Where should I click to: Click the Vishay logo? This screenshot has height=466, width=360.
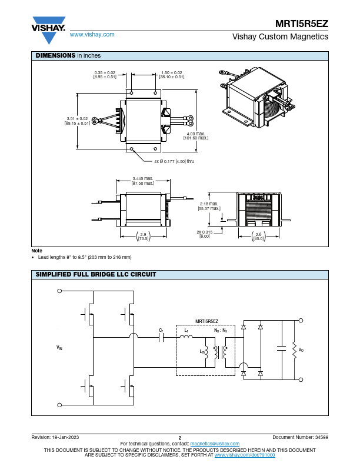coord(48,30)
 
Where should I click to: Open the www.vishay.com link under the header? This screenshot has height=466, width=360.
coord(92,35)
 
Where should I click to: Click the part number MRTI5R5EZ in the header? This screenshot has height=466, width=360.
coord(302,24)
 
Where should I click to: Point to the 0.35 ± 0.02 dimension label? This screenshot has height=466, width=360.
coord(105,75)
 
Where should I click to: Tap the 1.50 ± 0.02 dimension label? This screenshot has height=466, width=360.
coord(172,75)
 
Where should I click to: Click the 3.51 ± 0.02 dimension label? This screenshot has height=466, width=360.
coord(77,121)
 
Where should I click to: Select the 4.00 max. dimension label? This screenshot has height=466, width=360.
coord(196,136)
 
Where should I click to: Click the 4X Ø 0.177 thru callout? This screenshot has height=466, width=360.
coord(174,161)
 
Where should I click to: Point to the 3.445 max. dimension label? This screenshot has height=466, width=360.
coord(143,181)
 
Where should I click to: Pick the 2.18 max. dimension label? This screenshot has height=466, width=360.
coord(209,206)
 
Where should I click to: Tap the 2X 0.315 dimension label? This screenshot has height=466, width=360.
coord(205,234)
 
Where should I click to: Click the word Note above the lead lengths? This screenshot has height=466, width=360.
coord(37,251)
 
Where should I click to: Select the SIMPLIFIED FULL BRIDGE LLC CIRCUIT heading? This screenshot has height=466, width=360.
coord(96,274)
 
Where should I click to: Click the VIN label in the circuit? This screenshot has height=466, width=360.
coord(59,347)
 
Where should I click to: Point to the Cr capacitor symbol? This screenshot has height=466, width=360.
coord(161,337)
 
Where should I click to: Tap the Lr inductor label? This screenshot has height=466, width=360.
coord(186,330)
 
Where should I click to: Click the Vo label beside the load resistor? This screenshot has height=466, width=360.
coord(301,350)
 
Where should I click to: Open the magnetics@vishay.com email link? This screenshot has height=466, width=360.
coord(215,444)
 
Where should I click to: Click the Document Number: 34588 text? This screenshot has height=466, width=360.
coord(301,437)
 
